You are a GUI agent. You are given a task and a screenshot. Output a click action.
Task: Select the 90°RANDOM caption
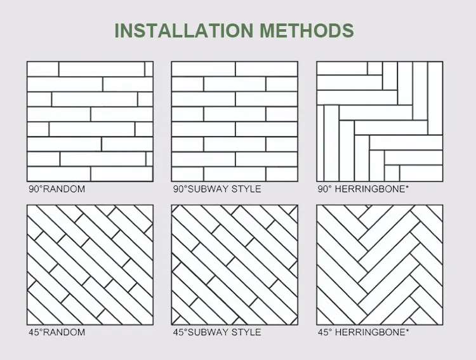pos(56,189)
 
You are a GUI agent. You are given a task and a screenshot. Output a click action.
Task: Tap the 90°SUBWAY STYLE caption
pos(216,189)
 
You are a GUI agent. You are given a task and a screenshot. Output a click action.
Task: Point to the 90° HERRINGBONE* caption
pos(363,189)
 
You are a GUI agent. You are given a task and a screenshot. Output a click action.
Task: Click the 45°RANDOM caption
pos(56,332)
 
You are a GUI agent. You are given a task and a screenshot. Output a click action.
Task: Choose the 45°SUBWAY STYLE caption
pos(216,332)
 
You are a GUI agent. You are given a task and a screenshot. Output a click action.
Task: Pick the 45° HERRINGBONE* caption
pos(363,332)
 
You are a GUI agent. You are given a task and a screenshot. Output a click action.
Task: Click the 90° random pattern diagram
pos(89,121)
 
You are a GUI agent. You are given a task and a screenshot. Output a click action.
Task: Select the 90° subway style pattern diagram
pos(234,121)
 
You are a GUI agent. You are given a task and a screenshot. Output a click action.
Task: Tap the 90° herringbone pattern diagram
pos(380,121)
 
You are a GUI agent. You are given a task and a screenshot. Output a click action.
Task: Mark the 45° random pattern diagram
pos(89,265)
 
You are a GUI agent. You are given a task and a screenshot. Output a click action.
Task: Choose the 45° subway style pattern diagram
pos(234,265)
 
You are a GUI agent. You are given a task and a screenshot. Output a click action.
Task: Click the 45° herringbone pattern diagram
pos(380,265)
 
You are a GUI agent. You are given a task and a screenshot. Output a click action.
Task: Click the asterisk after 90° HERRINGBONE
pos(407,187)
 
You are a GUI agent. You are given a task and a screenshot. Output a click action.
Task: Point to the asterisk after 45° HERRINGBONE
pos(407,331)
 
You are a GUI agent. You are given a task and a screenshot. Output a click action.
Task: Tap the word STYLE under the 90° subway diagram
pos(246,189)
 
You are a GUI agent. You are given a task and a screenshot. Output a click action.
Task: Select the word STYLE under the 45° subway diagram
pos(246,332)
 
